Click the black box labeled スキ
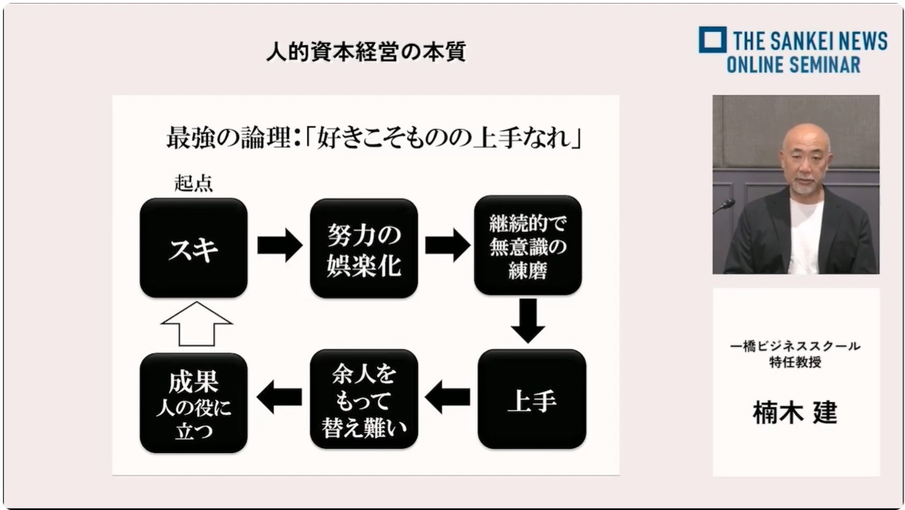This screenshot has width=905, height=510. point(193,248)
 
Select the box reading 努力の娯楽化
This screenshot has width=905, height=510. point(364,248)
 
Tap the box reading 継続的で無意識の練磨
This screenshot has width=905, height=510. point(528,245)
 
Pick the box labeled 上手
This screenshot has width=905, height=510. point(532,399)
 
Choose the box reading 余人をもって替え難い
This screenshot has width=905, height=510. point(364,399)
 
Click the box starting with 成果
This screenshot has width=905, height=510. point(193,403)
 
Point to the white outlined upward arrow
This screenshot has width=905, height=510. point(196,324)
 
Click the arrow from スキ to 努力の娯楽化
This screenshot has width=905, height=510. point(279,245)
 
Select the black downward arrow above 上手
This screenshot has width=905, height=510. point(528,321)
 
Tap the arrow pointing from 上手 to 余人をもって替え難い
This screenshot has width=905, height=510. point(447,396)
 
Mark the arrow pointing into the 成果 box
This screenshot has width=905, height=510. point(279,396)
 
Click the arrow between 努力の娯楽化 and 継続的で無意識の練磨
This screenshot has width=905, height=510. point(448,245)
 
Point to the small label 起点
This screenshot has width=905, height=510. point(193,183)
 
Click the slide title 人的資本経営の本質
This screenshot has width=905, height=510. point(366,52)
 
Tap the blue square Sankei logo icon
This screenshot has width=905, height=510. point(712,39)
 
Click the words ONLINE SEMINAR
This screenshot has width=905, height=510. point(793,65)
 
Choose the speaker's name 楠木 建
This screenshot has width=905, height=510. point(795,413)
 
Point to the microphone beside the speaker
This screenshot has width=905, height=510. point(724,205)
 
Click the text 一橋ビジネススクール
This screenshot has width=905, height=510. point(795,347)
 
